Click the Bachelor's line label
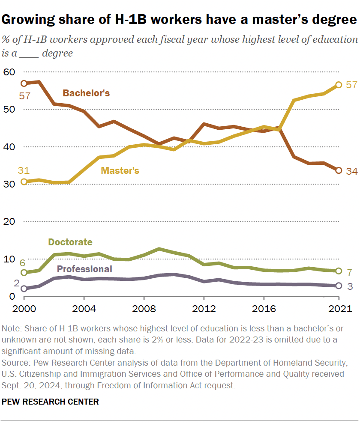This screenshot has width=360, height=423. point(86,93)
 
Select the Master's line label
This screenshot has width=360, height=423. point(120,170)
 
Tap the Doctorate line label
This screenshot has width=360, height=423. point(70,242)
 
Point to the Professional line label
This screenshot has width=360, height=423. point(84,269)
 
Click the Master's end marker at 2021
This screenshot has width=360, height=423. point(339,85)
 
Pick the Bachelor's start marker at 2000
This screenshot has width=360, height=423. point(24,83)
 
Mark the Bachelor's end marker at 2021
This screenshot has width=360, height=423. point(339,170)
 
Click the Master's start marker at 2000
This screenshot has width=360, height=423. point(24,182)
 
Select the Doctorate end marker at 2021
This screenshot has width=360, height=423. point(339,271)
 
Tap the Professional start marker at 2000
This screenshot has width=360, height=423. point(24,289)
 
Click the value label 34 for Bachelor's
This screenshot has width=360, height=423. point(351,171)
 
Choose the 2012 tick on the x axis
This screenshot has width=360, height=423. point(204,309)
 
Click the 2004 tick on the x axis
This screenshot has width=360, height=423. point(84,309)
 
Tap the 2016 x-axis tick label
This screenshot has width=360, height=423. point(264,309)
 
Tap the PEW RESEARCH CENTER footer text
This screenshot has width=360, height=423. point(51,402)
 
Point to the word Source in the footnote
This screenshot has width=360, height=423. point(15,363)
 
